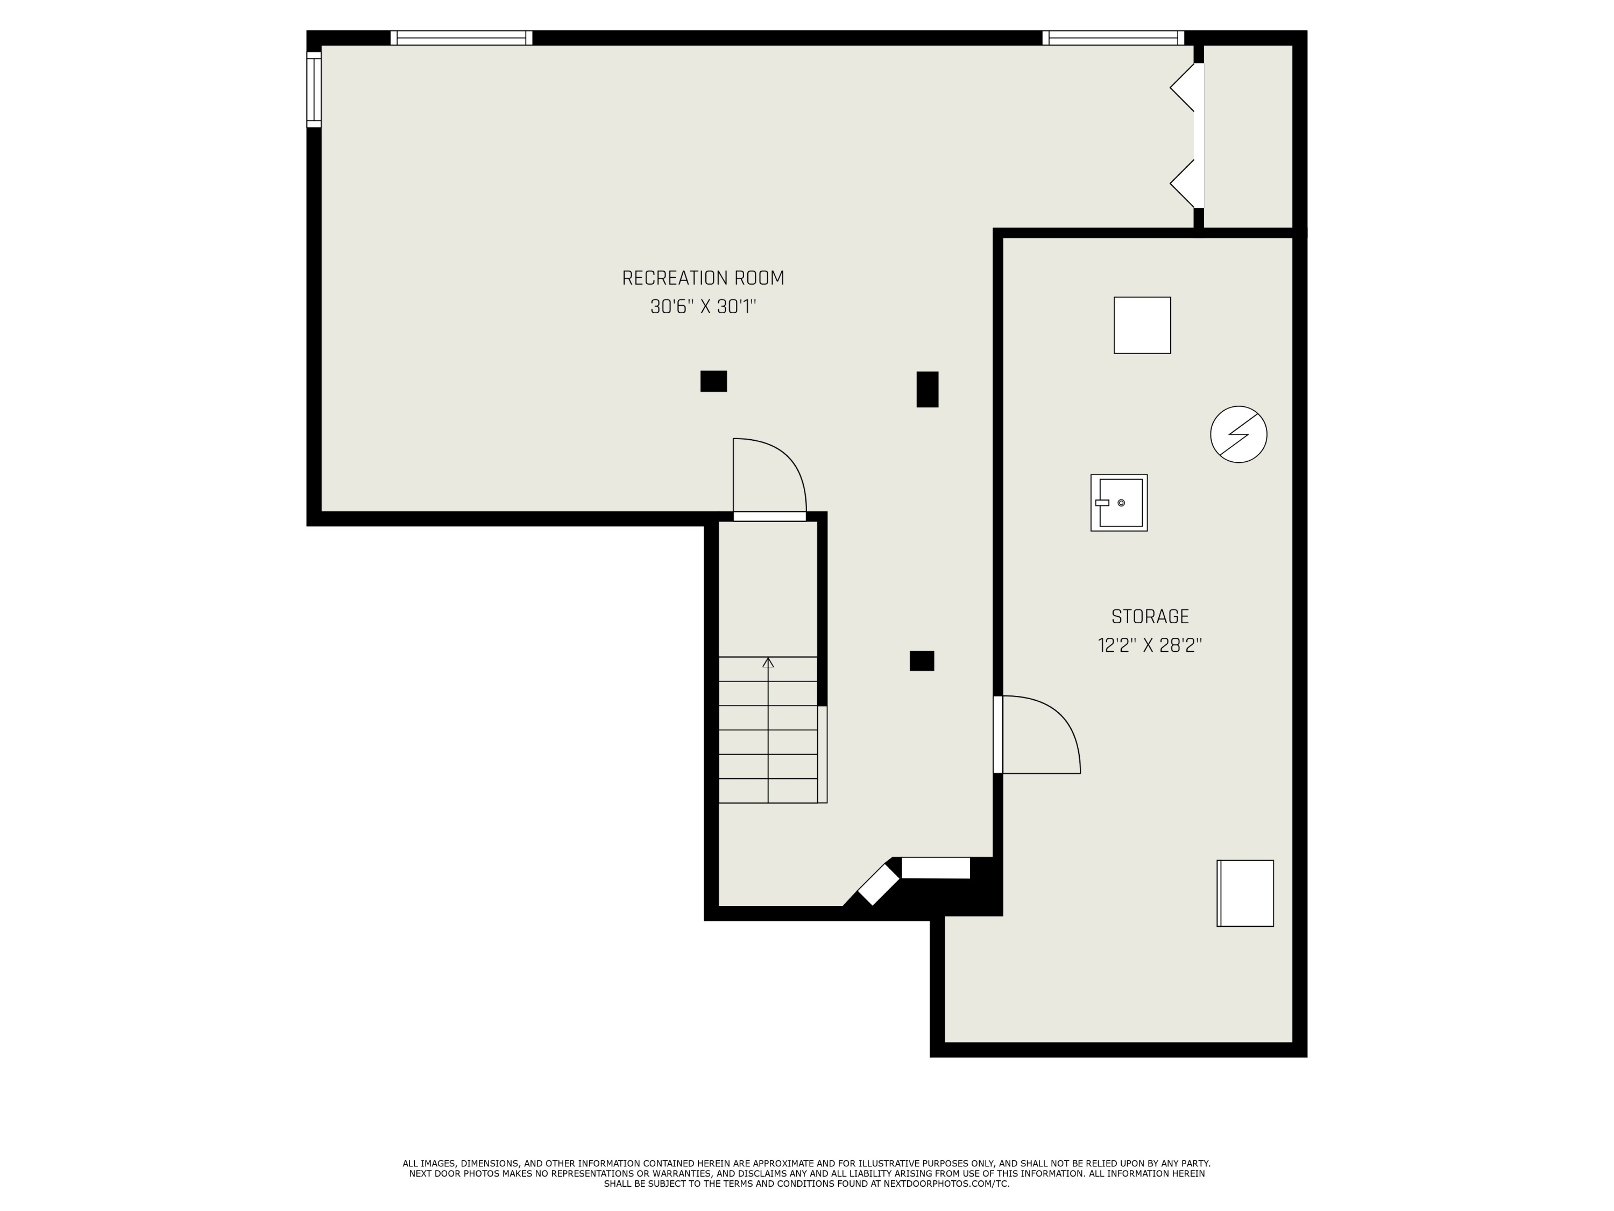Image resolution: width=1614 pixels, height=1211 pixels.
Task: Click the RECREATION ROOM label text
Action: (703, 278)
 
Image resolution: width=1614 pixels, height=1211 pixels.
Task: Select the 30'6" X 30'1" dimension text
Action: (703, 307)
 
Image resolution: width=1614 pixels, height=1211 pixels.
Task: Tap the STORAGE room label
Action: (1150, 617)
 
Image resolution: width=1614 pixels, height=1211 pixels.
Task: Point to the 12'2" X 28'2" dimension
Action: (1150, 646)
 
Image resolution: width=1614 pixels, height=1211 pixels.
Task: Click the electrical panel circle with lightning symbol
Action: (1238, 434)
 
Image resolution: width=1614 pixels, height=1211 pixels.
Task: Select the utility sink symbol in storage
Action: (1119, 503)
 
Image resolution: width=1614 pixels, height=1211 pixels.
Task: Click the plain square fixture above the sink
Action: (1142, 326)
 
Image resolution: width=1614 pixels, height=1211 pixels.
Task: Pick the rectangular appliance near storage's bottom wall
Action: (1245, 893)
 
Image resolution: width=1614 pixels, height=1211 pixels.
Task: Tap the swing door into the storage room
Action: (1036, 734)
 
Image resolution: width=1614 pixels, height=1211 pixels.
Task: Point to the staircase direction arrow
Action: (768, 663)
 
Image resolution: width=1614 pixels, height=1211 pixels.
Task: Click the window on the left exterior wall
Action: (314, 89)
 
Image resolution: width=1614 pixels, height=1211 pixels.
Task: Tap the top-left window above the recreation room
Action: (461, 38)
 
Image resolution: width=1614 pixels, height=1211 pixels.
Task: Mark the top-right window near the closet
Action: (1113, 38)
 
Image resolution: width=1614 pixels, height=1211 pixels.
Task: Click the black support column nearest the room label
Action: (713, 381)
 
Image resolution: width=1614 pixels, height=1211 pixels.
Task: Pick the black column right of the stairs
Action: (922, 660)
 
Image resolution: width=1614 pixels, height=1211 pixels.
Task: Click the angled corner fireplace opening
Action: (878, 885)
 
